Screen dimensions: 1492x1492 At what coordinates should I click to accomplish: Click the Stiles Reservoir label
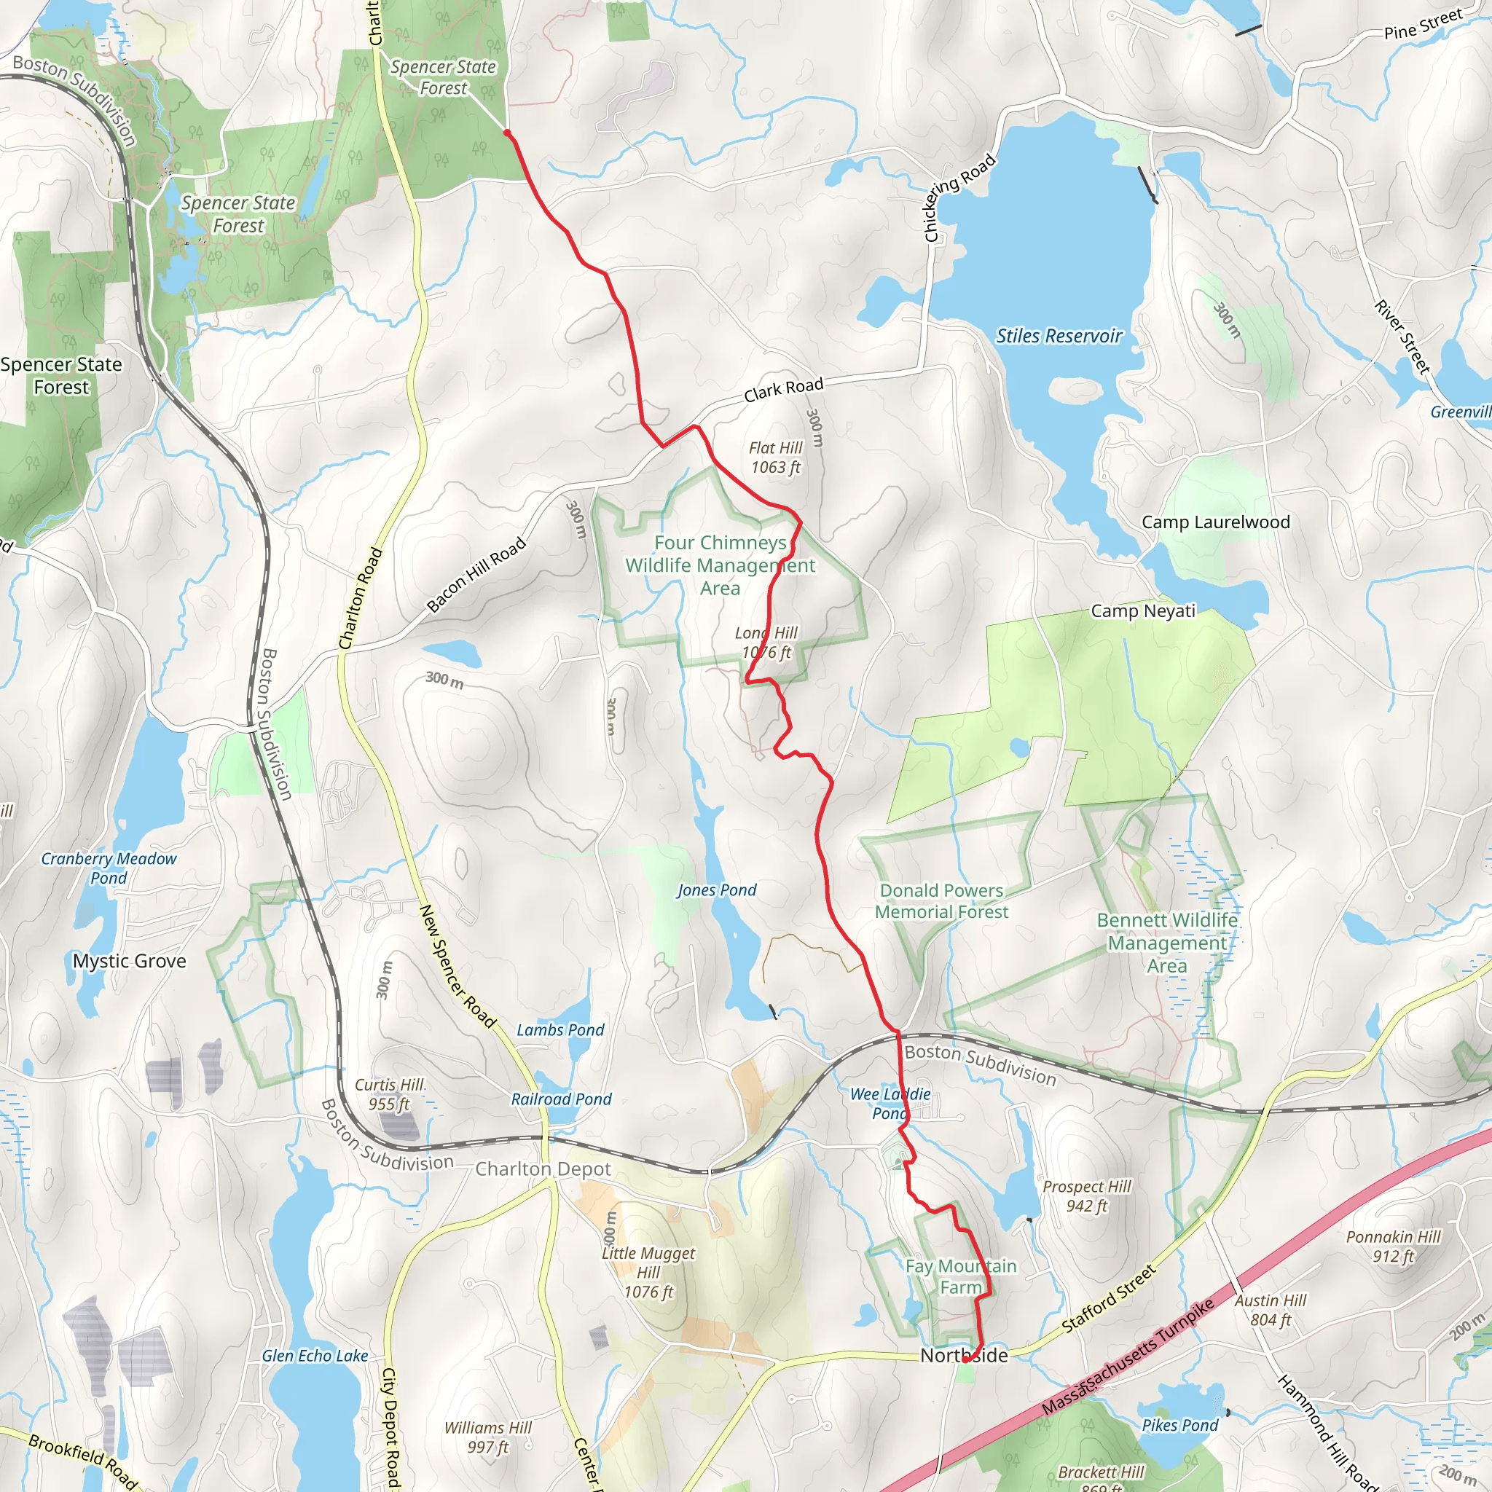(x=1058, y=336)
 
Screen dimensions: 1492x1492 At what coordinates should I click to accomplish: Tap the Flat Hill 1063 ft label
(x=775, y=458)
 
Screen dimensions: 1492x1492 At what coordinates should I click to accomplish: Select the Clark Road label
(x=783, y=390)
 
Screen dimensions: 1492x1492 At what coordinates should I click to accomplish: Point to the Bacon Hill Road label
(x=476, y=575)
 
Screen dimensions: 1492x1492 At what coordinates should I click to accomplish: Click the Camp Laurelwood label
(x=1216, y=522)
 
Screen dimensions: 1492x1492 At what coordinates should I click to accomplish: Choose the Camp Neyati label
(x=1142, y=610)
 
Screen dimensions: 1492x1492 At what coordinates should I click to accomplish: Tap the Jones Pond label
(x=717, y=890)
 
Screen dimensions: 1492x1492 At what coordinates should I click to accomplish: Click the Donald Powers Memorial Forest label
(x=941, y=901)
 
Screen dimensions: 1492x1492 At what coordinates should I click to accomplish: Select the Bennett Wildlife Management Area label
(x=1167, y=943)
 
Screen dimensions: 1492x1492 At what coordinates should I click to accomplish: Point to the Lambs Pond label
(x=560, y=1030)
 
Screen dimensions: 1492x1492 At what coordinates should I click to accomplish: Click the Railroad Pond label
(x=562, y=1099)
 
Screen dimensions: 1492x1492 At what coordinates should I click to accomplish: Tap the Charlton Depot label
(x=543, y=1169)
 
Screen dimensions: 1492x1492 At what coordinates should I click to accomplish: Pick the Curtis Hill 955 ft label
(x=389, y=1094)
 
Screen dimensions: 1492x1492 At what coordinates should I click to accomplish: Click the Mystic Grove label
(x=130, y=961)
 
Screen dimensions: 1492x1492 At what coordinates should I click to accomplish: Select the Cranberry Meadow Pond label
(x=109, y=868)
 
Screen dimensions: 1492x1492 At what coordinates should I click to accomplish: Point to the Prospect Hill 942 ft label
(x=1086, y=1195)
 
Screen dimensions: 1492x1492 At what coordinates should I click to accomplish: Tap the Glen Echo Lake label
(x=314, y=1356)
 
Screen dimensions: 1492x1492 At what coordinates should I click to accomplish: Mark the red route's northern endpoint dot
(x=507, y=133)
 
